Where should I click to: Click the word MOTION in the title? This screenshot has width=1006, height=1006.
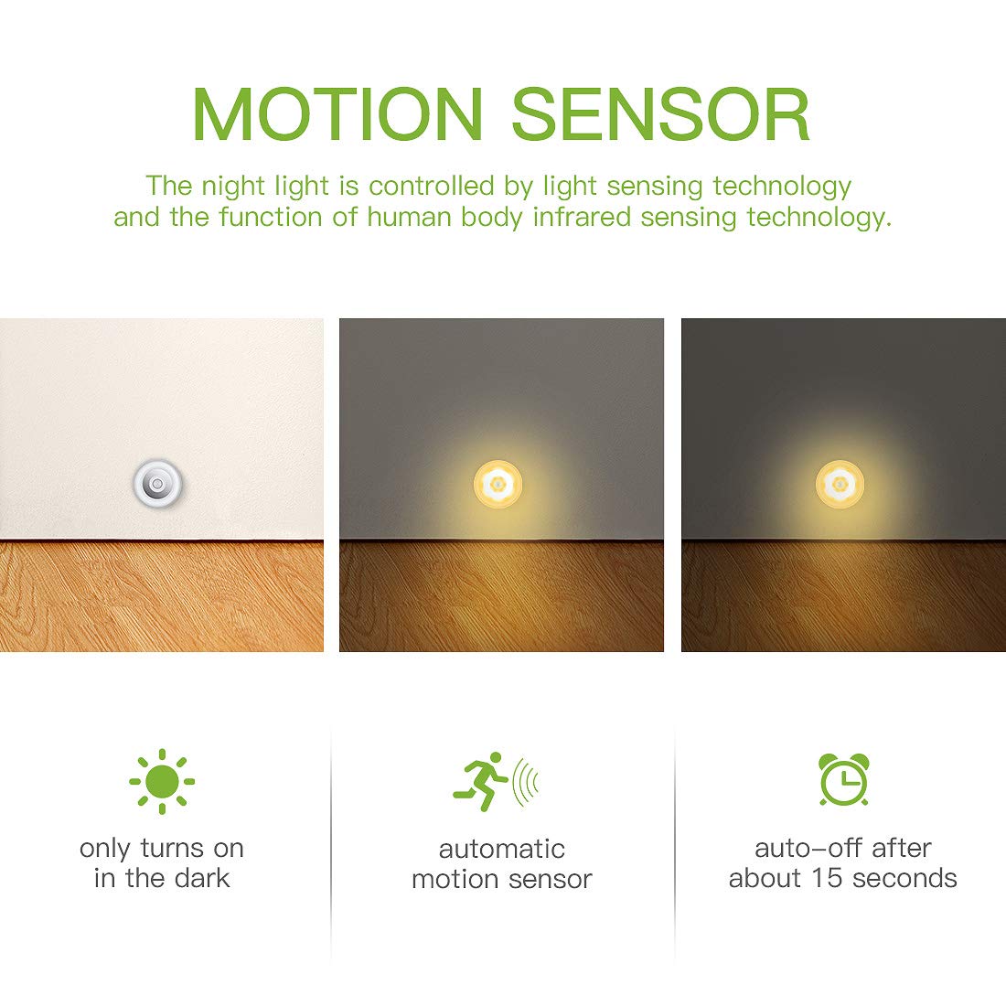[x=337, y=114]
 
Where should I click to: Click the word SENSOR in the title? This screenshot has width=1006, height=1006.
[x=660, y=114]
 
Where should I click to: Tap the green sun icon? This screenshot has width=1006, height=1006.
[x=162, y=781]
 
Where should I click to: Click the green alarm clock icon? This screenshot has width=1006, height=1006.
[x=843, y=780]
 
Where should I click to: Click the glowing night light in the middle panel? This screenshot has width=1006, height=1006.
[x=499, y=481]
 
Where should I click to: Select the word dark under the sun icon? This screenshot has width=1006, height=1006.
[x=202, y=878]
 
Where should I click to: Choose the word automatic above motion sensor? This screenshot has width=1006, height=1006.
[x=501, y=849]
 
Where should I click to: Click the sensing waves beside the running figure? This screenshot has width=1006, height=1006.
[x=526, y=782]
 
